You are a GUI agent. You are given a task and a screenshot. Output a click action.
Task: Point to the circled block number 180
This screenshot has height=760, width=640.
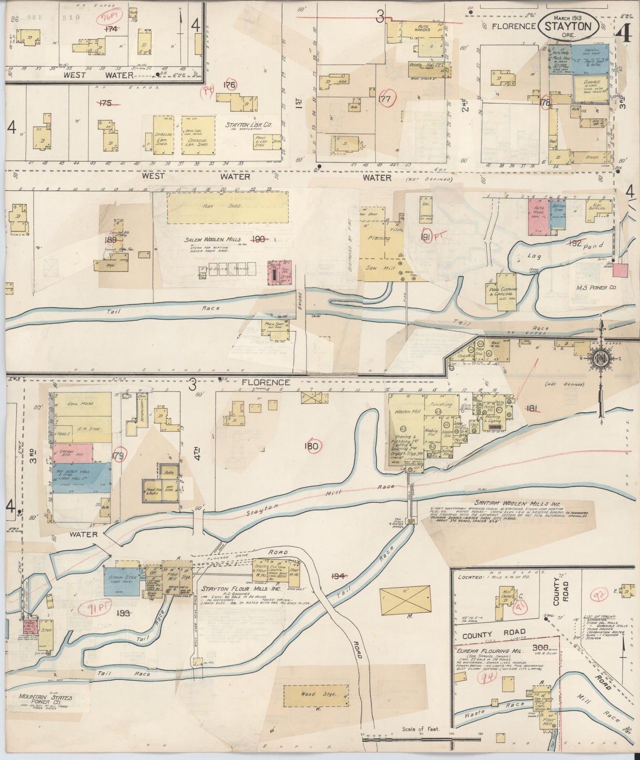[311, 446]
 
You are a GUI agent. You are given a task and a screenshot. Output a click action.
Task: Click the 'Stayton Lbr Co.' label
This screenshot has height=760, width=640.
[248, 125]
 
